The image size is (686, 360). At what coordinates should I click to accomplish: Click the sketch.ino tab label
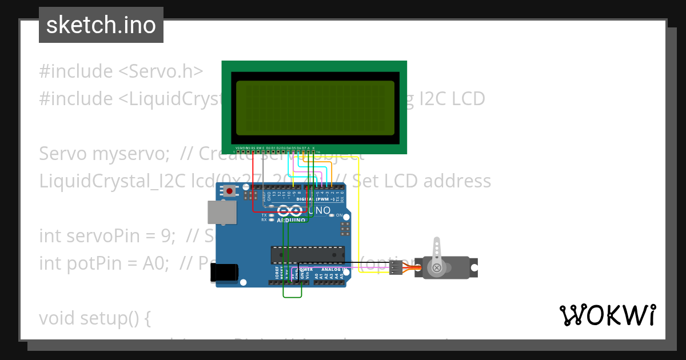101,25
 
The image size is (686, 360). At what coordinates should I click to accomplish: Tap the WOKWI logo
607,315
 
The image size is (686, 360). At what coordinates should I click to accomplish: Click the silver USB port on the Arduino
222,212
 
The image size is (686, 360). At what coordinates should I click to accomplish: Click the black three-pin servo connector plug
396,267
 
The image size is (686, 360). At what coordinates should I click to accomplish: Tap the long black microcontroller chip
308,254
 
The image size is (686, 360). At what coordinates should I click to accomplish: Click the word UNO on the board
319,211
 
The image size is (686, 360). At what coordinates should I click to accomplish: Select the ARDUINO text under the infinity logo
291,220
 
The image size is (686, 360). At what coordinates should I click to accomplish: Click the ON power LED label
339,215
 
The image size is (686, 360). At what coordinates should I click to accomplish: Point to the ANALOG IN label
333,269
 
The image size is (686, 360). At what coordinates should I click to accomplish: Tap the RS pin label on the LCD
253,147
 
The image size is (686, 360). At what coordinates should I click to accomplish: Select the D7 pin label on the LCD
304,147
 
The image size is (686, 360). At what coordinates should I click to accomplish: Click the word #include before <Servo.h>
76,71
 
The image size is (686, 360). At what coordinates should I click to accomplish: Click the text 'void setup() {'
94,318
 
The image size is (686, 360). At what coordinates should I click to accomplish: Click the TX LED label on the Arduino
264,215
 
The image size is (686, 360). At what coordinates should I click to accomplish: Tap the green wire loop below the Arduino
292,294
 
